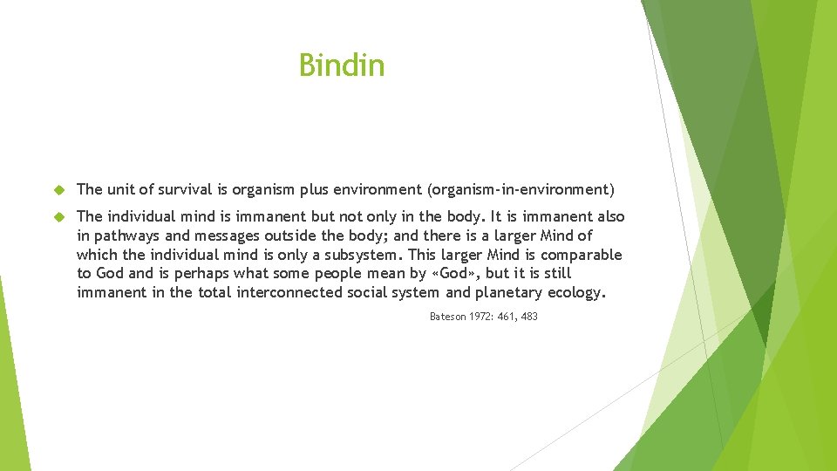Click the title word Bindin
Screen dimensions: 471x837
(x=341, y=65)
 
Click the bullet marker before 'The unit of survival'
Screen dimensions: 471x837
(x=59, y=189)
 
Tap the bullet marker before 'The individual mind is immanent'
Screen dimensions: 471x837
(x=59, y=216)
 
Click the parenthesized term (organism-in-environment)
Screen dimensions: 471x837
(x=519, y=189)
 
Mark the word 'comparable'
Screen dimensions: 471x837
(x=581, y=255)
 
